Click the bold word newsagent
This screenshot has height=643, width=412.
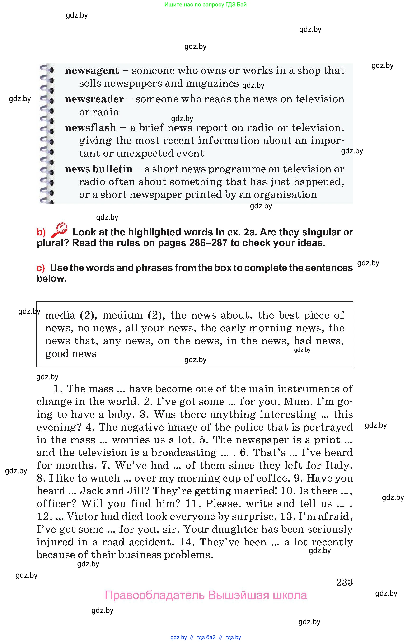(92, 71)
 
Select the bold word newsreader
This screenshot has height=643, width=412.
(94, 99)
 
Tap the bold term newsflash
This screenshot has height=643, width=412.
(90, 128)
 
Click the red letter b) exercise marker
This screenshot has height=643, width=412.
(41, 232)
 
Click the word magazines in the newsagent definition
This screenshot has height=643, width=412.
(212, 84)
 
